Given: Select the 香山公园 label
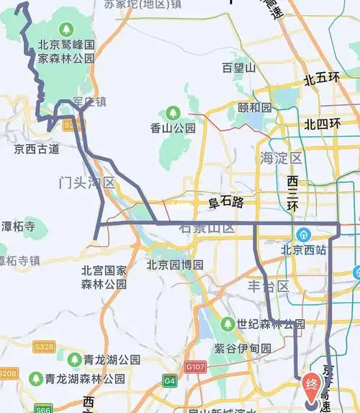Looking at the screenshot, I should (x=173, y=128).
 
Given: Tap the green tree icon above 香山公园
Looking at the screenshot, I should (x=173, y=113).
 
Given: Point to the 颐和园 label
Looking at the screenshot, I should (x=255, y=107).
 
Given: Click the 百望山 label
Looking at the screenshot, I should (x=239, y=68).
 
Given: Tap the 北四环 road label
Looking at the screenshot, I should (x=322, y=124).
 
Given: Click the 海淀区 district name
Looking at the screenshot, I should (x=282, y=157).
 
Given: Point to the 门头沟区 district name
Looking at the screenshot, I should (x=86, y=183).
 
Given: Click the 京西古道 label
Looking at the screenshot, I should (x=37, y=149).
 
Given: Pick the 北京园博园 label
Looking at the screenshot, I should (x=175, y=265).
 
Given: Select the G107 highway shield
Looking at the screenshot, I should (x=195, y=366).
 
